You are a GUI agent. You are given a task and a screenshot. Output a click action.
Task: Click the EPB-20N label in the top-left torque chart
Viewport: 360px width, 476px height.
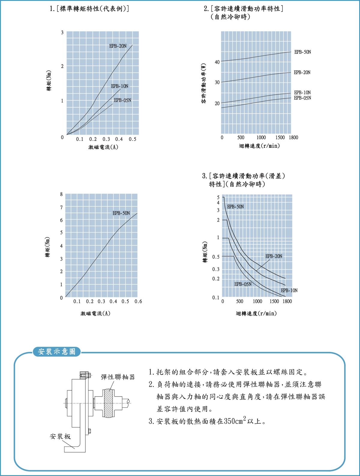(118, 46)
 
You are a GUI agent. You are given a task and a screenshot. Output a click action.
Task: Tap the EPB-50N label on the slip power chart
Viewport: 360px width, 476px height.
(302, 52)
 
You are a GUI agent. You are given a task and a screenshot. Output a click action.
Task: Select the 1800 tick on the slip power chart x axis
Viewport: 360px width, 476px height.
(293, 138)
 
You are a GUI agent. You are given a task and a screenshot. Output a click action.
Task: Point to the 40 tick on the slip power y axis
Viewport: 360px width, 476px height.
(217, 62)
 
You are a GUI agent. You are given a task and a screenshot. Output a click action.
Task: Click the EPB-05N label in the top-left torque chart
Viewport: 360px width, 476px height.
(122, 100)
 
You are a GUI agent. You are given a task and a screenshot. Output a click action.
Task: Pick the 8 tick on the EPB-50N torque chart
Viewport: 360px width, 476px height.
(61, 194)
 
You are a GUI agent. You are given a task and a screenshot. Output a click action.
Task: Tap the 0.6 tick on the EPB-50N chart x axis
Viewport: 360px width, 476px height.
(138, 301)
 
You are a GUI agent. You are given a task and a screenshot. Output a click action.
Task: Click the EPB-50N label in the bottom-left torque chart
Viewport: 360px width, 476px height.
(121, 213)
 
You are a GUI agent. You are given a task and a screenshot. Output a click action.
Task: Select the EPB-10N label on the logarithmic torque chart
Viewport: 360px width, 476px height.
(289, 290)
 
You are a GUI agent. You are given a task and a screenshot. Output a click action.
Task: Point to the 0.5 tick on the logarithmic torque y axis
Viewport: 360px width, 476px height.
(216, 257)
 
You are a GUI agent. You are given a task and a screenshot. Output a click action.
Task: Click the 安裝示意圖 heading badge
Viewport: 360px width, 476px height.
(57, 352)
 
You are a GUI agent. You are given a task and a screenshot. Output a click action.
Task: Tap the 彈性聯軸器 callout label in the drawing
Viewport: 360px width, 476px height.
(118, 377)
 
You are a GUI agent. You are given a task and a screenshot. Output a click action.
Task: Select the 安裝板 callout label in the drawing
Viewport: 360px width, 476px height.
(60, 436)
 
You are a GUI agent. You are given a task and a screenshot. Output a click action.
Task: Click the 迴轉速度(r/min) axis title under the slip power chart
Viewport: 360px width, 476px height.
(259, 146)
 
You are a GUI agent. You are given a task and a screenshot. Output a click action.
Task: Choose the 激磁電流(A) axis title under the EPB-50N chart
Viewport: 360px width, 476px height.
(95, 314)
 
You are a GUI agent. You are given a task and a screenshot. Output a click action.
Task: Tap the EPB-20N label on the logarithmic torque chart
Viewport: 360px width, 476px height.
(274, 256)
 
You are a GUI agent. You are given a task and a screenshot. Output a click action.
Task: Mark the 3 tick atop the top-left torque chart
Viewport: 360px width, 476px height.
(62, 32)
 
